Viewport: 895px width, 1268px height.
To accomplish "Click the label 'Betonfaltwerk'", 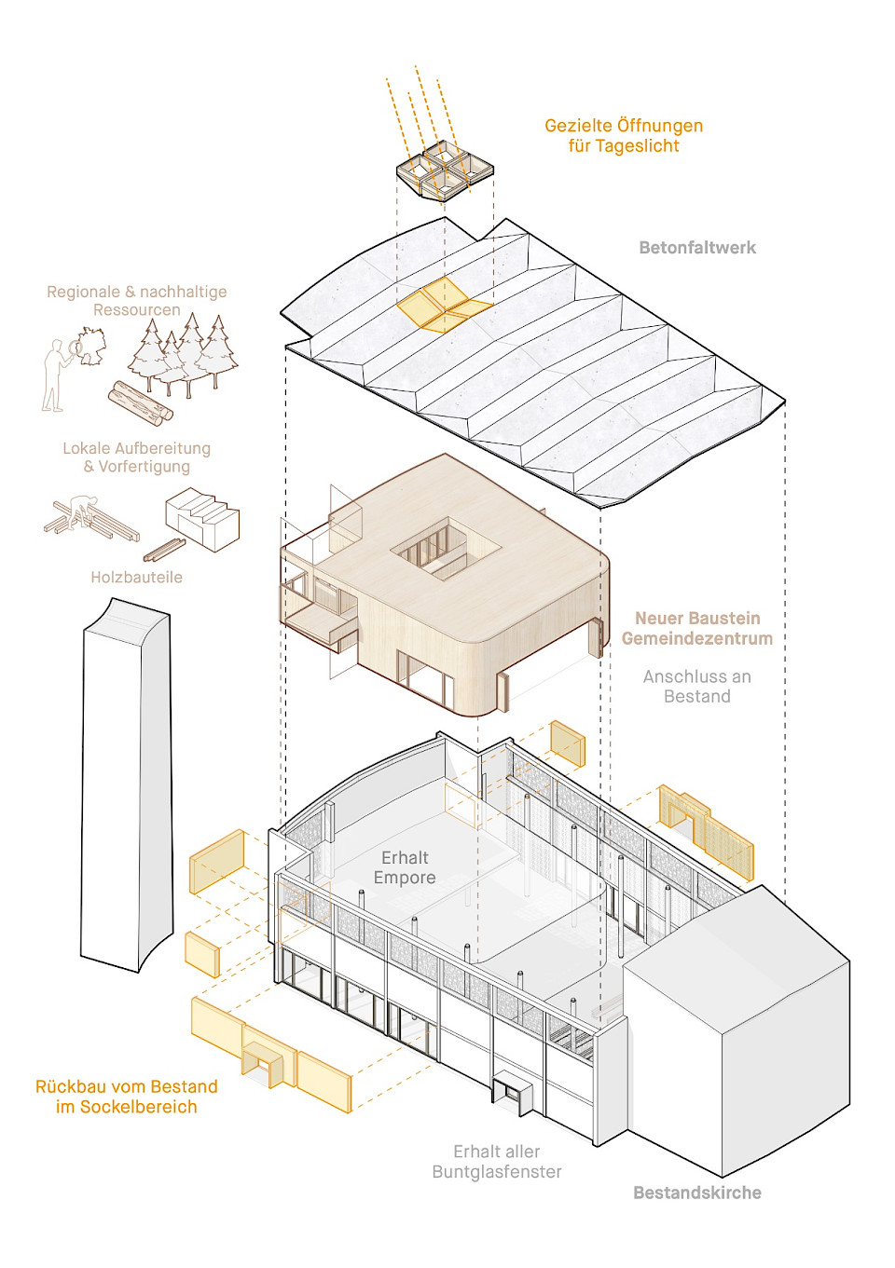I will pyautogui.click(x=696, y=248).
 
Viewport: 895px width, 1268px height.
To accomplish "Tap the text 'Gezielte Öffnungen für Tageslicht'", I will pyautogui.click(x=624, y=136).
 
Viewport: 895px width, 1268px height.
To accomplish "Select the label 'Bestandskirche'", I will pyautogui.click(x=696, y=1193).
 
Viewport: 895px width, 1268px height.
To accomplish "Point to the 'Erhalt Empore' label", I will pyautogui.click(x=405, y=867).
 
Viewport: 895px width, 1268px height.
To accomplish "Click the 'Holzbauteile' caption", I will pyautogui.click(x=136, y=578).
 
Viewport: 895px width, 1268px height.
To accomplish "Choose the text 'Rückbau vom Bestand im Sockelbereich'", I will pyautogui.click(x=127, y=1097).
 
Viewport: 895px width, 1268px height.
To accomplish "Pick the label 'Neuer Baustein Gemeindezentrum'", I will pyautogui.click(x=696, y=629).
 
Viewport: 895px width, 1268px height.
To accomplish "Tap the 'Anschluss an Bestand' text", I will pyautogui.click(x=696, y=687).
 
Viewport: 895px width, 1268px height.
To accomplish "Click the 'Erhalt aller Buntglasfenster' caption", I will pyautogui.click(x=497, y=1162).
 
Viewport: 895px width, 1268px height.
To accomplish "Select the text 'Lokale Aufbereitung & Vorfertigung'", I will pyautogui.click(x=137, y=457).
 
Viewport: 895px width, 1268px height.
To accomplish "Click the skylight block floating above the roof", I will pyautogui.click(x=445, y=171).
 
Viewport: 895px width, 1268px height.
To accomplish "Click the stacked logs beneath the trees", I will pyautogui.click(x=140, y=402).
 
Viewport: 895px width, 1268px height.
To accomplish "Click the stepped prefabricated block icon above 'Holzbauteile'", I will pyautogui.click(x=203, y=518).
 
